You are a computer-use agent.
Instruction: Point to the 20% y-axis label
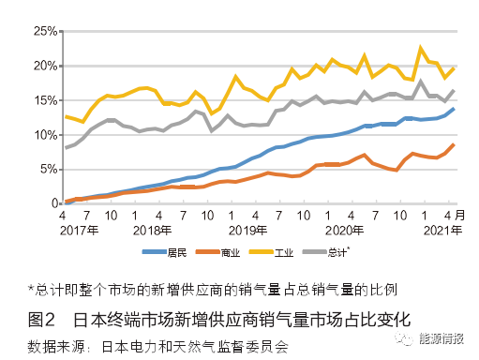[x=43, y=66]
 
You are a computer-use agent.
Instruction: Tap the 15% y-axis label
[x=43, y=100]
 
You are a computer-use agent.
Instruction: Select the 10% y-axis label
[x=43, y=135]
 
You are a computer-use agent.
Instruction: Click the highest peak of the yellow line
[x=421, y=47]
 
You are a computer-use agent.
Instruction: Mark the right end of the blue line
[x=455, y=109]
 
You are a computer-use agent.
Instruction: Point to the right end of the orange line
[x=455, y=144]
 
